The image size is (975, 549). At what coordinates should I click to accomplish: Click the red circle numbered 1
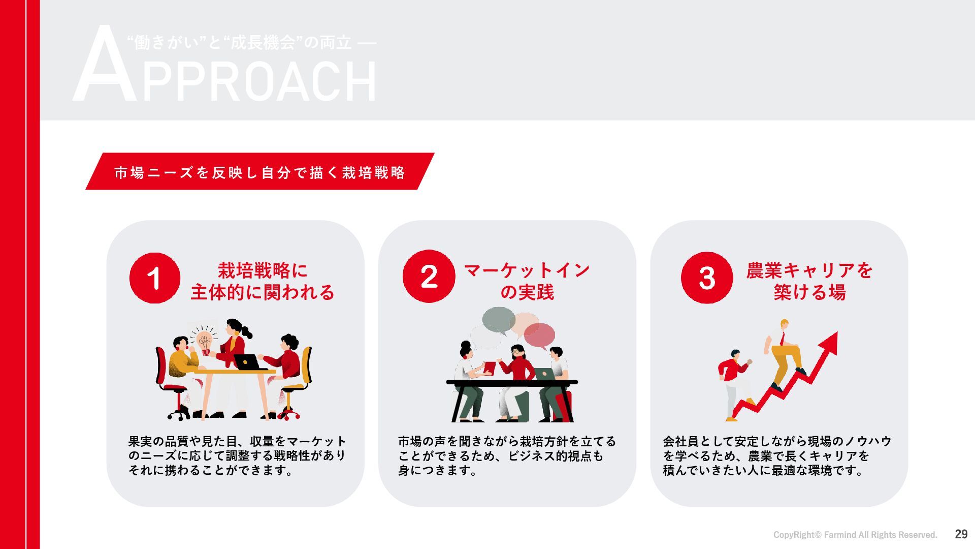155,278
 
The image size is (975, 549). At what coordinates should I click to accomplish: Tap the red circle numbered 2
429,276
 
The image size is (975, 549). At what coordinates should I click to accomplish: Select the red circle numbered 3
707,278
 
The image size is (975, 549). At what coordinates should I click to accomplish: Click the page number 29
961,534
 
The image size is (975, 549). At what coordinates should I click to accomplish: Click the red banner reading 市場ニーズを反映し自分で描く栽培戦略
260,171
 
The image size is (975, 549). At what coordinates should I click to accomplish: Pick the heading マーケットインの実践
527,281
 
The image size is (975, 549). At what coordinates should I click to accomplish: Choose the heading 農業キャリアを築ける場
809,281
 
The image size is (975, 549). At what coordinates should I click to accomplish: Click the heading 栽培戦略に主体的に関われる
263,281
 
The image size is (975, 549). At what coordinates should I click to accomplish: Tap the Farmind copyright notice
855,535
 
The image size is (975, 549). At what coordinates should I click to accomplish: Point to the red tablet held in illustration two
489,368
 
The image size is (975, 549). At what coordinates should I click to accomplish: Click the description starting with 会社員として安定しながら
777,456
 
